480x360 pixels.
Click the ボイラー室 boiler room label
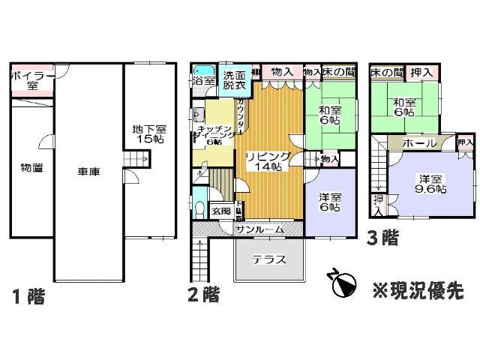coord(31,80)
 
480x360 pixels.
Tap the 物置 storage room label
coord(31,167)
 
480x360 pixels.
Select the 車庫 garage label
coord(89,172)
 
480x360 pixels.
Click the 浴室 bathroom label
coord(203,79)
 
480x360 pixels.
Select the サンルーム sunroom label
coord(259,229)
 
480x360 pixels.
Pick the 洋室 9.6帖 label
coord(432,184)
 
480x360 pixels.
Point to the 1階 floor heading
coord(28,296)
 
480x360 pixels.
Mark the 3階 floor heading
coord(382,238)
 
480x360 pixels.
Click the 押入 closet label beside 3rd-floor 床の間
coord(422,73)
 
